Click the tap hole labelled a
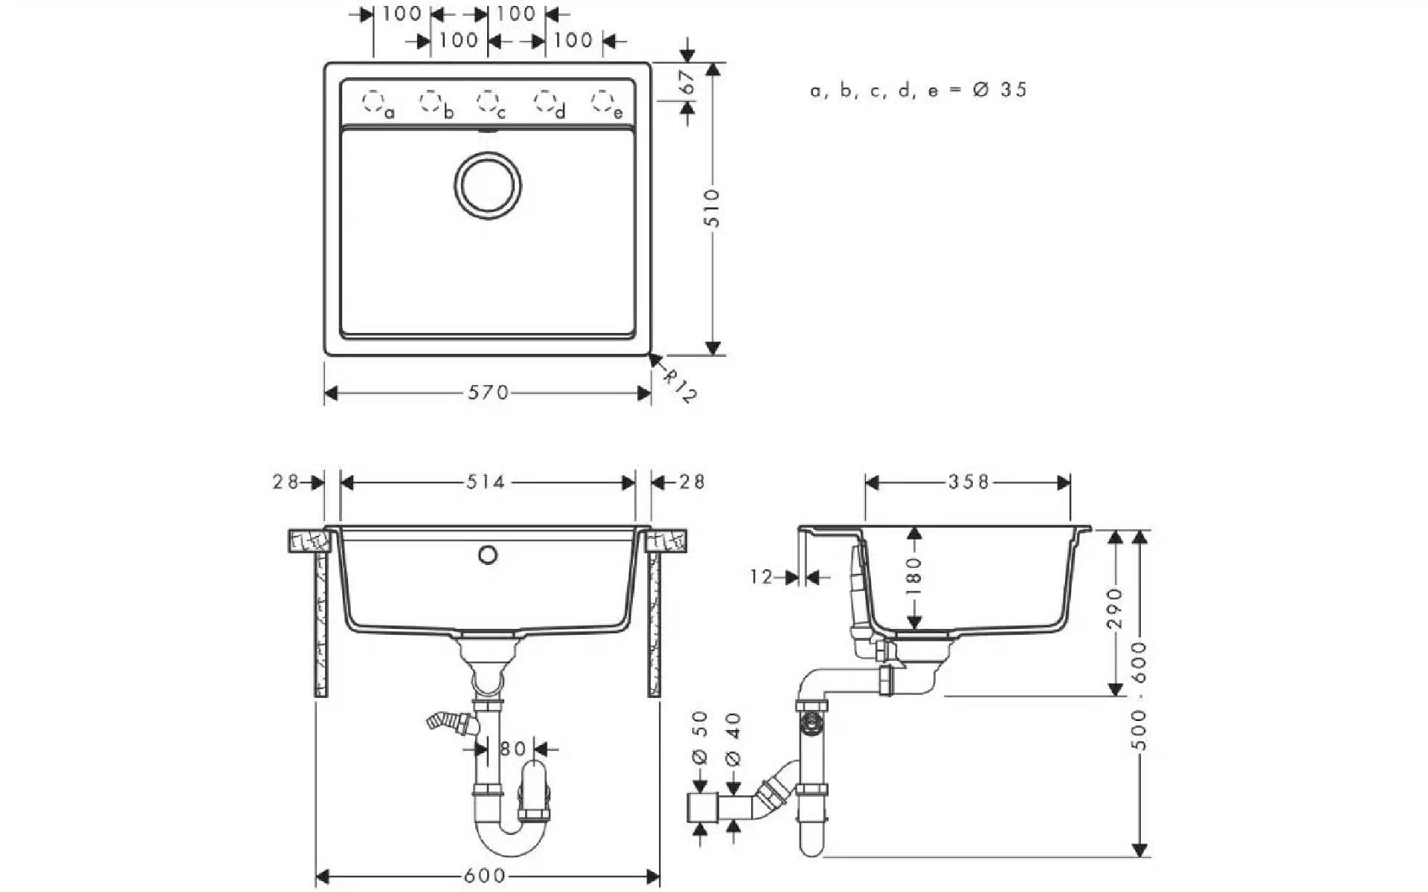[373, 100]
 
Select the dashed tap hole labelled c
[487, 100]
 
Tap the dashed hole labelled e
[602, 100]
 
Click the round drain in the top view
[487, 185]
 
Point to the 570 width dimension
[488, 392]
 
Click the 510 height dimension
[712, 208]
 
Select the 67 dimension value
[688, 82]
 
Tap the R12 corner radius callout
[679, 387]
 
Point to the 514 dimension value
[486, 483]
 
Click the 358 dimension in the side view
[968, 483]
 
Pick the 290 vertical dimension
[1114, 608]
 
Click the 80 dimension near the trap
[513, 749]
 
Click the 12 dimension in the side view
[762, 578]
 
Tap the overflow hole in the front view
[488, 555]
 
